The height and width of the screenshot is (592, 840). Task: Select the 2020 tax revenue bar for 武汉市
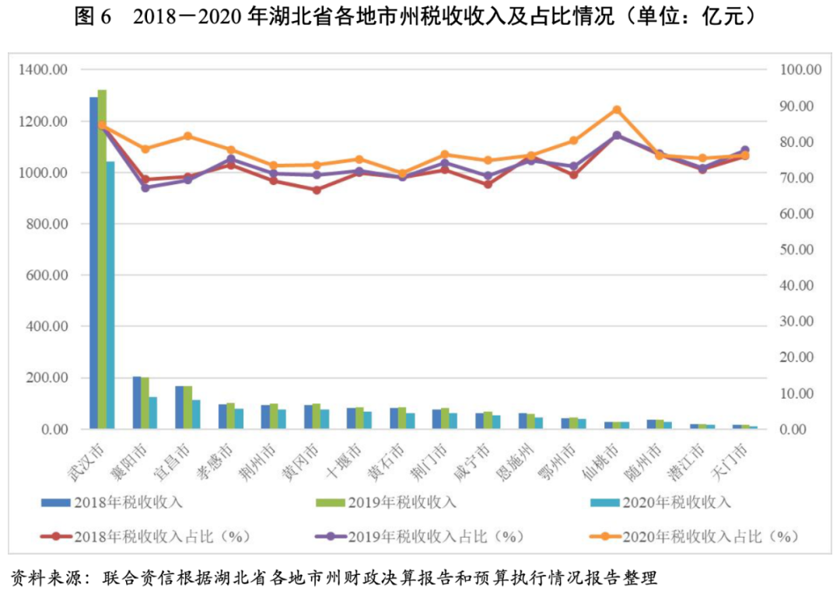(x=110, y=295)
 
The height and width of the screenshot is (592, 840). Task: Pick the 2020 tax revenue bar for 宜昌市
(x=196, y=414)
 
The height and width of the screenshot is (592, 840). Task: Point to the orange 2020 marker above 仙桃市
(x=617, y=110)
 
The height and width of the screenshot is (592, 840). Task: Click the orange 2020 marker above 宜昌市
(x=187, y=136)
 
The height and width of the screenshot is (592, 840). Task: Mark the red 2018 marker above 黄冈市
(x=317, y=190)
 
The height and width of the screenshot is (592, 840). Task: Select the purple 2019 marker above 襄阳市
(x=145, y=187)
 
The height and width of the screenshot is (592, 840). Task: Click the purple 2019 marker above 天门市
(x=744, y=150)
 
